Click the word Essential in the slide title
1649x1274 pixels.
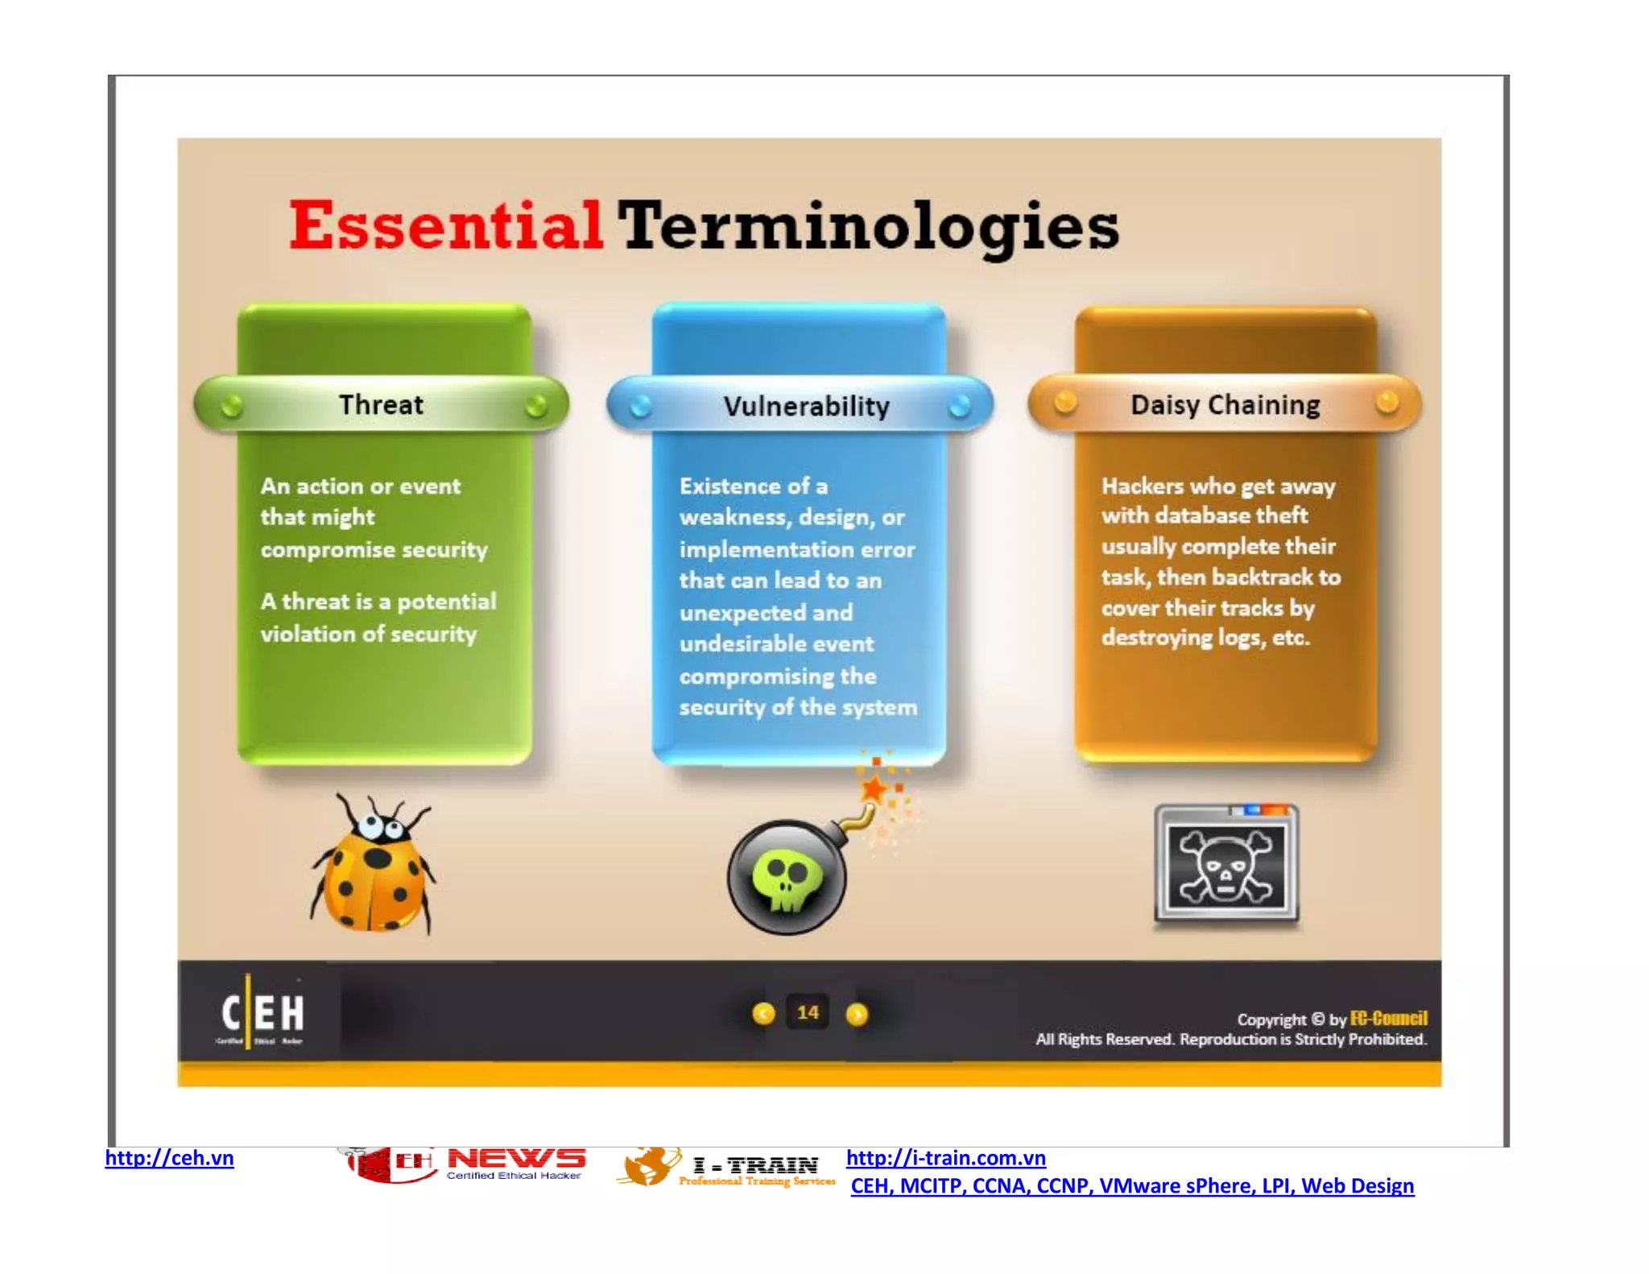point(445,225)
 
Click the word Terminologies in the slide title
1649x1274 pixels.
point(868,227)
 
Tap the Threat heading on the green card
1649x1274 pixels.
point(381,404)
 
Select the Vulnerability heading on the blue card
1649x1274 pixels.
point(806,406)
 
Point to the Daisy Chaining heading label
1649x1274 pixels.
point(1225,404)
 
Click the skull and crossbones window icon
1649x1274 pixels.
point(1226,865)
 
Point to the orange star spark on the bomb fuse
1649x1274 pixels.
point(874,788)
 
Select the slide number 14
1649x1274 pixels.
point(808,1012)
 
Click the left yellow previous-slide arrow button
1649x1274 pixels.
point(763,1014)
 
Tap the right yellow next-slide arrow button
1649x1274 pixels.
point(857,1014)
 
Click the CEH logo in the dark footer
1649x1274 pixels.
point(262,1015)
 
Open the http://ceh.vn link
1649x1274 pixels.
point(169,1158)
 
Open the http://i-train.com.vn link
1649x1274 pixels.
point(945,1158)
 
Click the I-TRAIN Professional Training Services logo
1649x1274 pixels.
point(726,1169)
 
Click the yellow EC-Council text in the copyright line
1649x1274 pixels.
point(1388,1018)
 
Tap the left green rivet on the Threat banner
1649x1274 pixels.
point(231,405)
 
